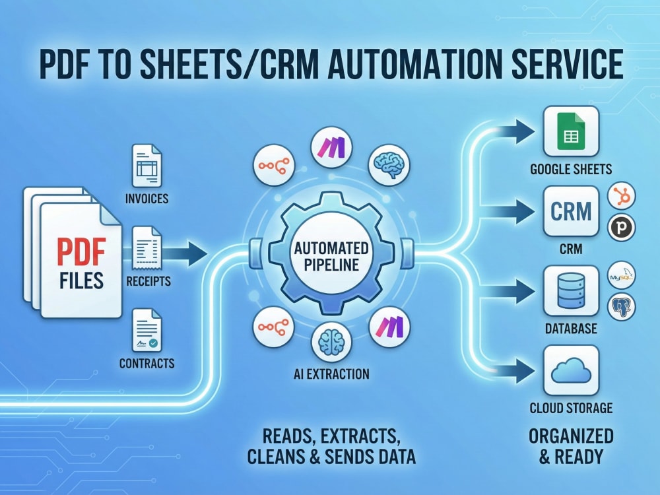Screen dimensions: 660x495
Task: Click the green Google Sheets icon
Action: pyautogui.click(x=571, y=131)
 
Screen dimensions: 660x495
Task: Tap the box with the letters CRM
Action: pyautogui.click(x=571, y=211)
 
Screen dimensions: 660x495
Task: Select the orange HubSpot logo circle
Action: pyautogui.click(x=621, y=196)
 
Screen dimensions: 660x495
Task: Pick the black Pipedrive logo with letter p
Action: pyautogui.click(x=621, y=227)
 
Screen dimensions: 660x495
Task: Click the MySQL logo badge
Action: pyautogui.click(x=621, y=276)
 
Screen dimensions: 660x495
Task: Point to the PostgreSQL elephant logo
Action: pyautogui.click(x=621, y=307)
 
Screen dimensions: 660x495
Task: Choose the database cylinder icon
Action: pyautogui.click(x=571, y=290)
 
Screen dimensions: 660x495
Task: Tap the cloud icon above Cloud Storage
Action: pyautogui.click(x=571, y=370)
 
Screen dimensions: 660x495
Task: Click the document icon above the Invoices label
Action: pyautogui.click(x=147, y=166)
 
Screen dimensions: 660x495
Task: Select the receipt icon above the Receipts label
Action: pyautogui.click(x=147, y=248)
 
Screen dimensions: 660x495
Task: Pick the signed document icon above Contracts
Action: pyautogui.click(x=147, y=331)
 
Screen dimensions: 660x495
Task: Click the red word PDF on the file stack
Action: pyautogui.click(x=81, y=251)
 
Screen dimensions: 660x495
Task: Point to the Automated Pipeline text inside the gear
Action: pyautogui.click(x=331, y=256)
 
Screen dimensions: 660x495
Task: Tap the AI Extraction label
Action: pyautogui.click(x=331, y=374)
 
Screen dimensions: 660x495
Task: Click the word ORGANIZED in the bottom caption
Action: pyautogui.click(x=571, y=436)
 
